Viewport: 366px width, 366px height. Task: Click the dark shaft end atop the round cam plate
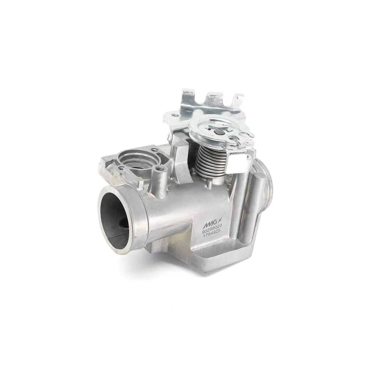click(x=217, y=132)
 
